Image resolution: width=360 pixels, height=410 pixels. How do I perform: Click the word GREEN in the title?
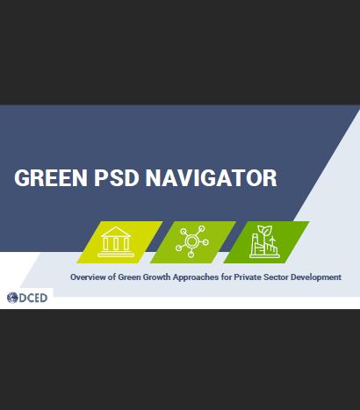51,178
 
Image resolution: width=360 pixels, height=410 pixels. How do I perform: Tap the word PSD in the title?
116,178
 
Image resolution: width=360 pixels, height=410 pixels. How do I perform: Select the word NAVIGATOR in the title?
211,178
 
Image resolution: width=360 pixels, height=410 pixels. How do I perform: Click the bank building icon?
116,241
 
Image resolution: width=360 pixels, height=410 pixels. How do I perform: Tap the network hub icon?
192,241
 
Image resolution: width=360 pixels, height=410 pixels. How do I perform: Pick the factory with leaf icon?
264,241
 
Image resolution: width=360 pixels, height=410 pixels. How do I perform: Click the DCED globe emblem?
12,298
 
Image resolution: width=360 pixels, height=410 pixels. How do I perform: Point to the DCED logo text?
33,298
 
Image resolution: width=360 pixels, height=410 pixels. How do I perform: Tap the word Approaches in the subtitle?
196,277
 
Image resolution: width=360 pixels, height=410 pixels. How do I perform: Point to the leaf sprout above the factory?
265,231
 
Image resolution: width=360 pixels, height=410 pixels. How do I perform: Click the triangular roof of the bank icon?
116,232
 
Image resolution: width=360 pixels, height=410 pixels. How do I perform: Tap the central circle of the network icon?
192,241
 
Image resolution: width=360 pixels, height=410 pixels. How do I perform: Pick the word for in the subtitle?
227,277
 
